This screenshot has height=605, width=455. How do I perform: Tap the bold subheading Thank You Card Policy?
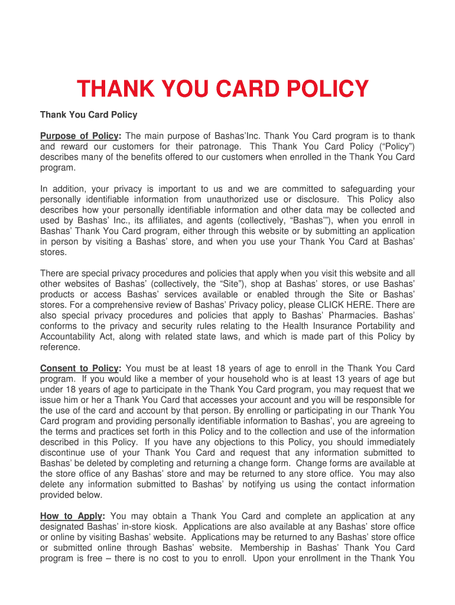point(89,115)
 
